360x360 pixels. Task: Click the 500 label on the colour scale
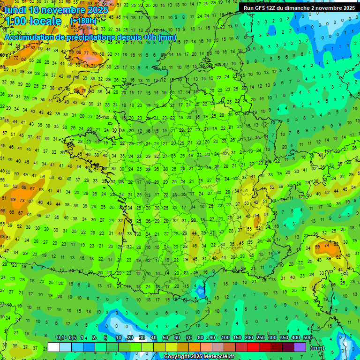[307, 337]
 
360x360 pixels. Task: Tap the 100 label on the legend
[225, 337]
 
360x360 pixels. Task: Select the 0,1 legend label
[60, 337]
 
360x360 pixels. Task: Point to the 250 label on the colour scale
[261, 337]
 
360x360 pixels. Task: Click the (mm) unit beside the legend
[317, 348]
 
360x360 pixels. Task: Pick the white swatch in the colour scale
[54, 347]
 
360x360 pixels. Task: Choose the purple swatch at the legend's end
[300, 347]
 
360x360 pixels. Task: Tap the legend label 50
[165, 337]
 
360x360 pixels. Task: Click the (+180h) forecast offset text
[83, 21]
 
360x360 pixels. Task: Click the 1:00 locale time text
[33, 22]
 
